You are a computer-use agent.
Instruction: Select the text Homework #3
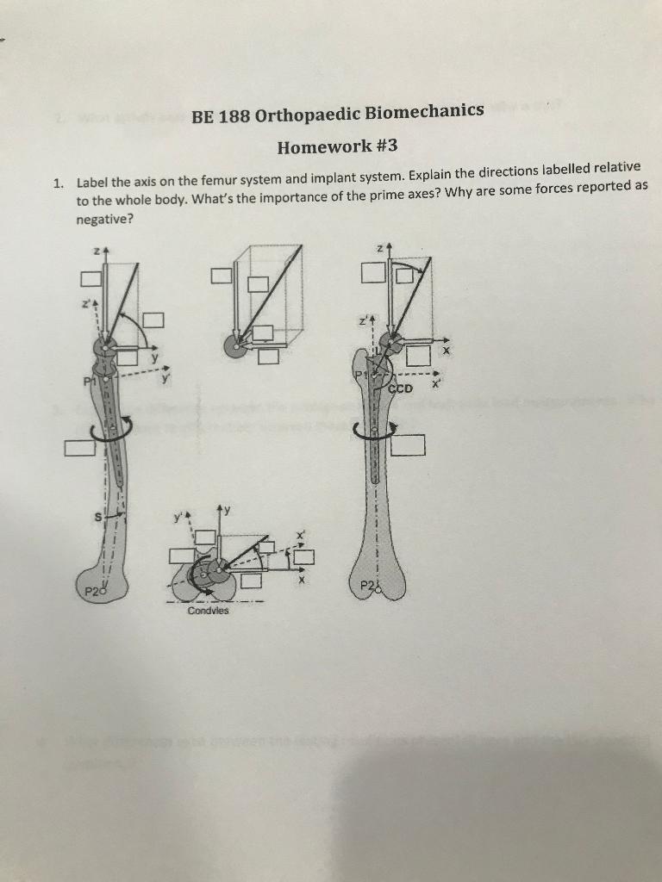[336, 146]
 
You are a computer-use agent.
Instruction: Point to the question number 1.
[56, 183]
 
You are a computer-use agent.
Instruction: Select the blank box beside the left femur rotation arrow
[78, 447]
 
